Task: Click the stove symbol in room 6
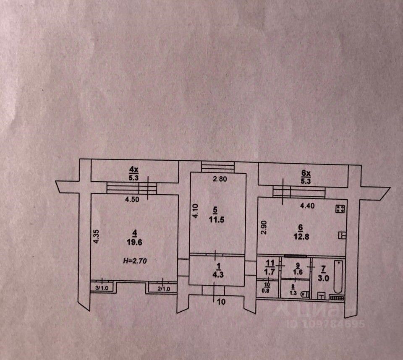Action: coord(340,209)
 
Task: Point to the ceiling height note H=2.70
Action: coord(134,261)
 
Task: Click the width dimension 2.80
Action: coord(220,179)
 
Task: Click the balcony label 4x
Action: coord(133,170)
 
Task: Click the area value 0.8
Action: coord(266,289)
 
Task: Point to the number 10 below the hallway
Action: coord(222,301)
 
